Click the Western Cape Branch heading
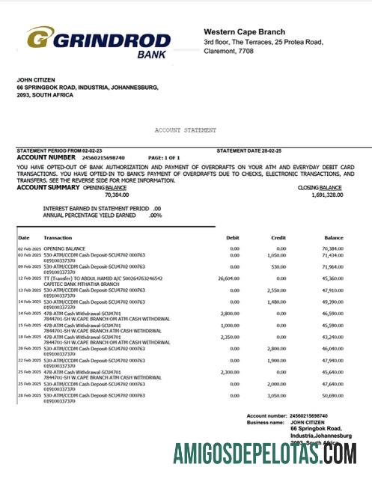(244, 31)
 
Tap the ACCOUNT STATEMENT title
(186, 130)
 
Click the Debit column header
(233, 237)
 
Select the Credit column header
(278, 237)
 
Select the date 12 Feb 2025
(29, 278)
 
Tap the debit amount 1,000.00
(230, 325)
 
